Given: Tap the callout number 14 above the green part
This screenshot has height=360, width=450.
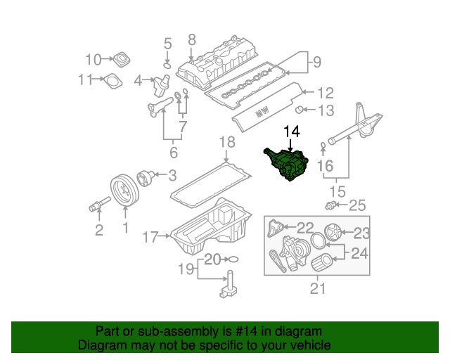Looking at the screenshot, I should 292,131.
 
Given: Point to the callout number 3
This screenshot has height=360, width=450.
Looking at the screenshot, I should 172,175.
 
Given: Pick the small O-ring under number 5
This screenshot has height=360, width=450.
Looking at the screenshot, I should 167,65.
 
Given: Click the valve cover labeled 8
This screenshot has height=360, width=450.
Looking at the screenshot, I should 218,64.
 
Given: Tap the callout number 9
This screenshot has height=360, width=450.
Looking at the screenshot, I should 316,62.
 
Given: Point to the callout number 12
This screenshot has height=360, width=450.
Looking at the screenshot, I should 325,92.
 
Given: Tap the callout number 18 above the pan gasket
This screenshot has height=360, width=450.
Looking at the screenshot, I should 226,143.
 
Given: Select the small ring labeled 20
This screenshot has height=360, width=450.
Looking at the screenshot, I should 233,259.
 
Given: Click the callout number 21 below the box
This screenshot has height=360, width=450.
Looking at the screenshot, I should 318,288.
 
